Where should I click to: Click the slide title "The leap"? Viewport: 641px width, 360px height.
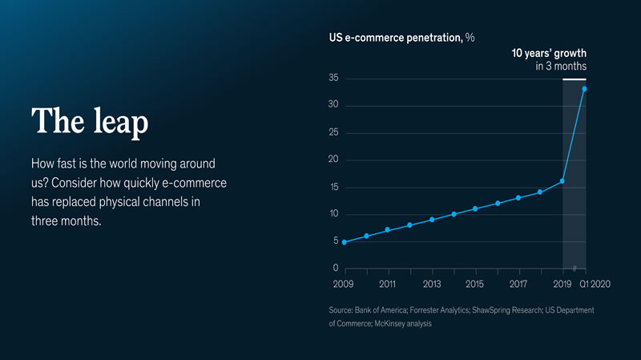tap(89, 122)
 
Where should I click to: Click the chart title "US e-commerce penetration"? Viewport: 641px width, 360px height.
tap(395, 38)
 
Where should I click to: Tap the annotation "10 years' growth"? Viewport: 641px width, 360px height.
tap(549, 53)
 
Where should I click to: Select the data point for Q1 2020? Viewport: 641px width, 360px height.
tap(585, 89)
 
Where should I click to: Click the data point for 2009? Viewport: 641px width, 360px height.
tap(344, 242)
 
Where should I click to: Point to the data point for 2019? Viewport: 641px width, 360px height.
tap(562, 181)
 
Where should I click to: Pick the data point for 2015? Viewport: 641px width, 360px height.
tap(475, 208)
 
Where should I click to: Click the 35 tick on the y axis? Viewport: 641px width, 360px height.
tap(333, 79)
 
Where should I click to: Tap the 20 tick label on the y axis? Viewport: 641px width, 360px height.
tap(333, 160)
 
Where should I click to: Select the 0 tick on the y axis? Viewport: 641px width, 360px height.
tap(335, 268)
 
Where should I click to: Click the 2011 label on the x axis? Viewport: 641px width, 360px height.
tap(387, 284)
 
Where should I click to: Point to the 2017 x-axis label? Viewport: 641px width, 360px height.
tap(518, 284)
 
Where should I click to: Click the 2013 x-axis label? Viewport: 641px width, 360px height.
tap(431, 284)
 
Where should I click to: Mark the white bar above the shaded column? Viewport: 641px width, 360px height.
tap(574, 79)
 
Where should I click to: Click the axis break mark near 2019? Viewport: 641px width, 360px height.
tap(575, 268)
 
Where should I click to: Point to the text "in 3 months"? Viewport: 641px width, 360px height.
tap(561, 67)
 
